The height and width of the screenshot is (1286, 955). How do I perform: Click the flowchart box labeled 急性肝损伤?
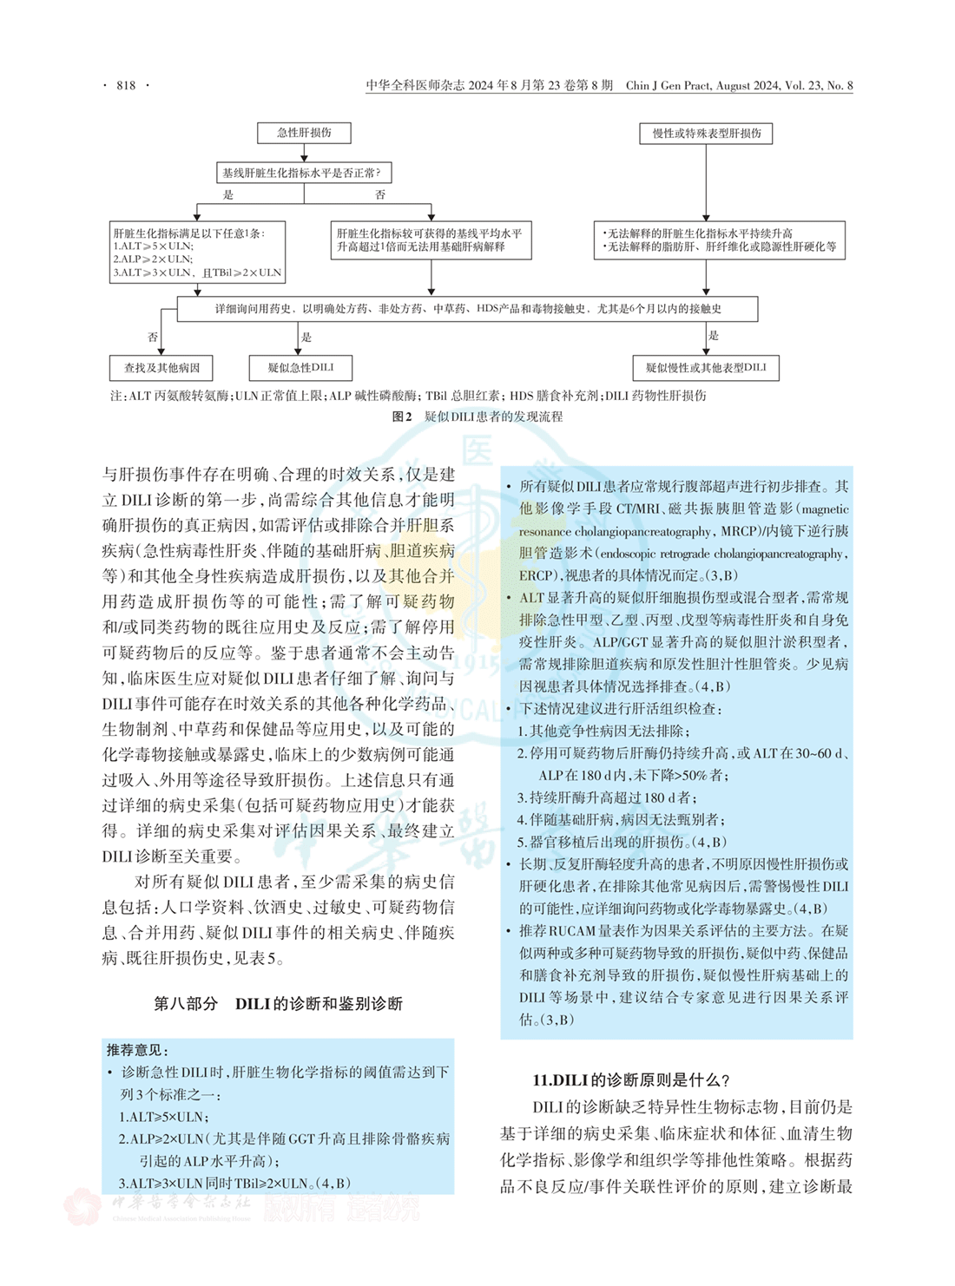coord(304,133)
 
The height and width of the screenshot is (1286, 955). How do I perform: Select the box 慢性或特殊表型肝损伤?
coord(706,134)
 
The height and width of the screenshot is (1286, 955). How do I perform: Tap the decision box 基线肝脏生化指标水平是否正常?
coord(303,173)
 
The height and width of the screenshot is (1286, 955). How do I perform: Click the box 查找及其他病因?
coord(161,368)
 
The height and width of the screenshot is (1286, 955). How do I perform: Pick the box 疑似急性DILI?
coord(300,368)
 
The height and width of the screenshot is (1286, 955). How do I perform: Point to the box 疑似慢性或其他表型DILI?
coord(706,368)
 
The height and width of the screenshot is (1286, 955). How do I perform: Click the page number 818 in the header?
coord(126,85)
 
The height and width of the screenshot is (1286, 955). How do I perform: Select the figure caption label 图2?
coord(401,417)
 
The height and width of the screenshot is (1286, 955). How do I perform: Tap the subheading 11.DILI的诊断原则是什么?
coord(631,1080)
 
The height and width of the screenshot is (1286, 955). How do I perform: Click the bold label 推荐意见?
coord(138,1050)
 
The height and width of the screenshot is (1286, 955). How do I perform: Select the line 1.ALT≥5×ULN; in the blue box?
coord(164,1117)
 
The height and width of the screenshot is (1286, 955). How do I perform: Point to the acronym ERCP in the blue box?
coord(536,575)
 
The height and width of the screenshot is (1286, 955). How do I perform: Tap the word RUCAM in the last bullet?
coord(571,931)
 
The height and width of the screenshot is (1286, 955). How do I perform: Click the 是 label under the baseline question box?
coord(228,195)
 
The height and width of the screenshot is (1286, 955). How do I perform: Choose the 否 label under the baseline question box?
coord(379,195)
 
